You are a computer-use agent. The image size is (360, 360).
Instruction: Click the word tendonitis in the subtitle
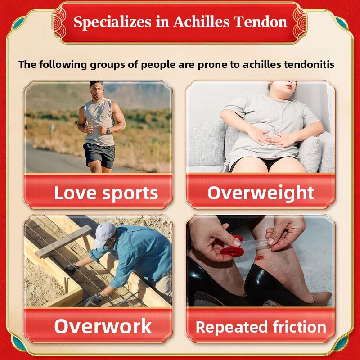(309, 64)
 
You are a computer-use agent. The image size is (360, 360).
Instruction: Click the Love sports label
(106, 193)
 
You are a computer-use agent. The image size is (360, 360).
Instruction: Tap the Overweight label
(261, 193)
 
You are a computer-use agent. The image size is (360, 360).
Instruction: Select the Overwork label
(103, 326)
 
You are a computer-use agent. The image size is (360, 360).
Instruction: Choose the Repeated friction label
(261, 327)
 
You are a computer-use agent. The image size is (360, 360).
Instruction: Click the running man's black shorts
(99, 155)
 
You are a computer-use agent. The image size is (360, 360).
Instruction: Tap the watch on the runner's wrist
(108, 130)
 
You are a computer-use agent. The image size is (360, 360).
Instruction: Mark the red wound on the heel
(260, 258)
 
